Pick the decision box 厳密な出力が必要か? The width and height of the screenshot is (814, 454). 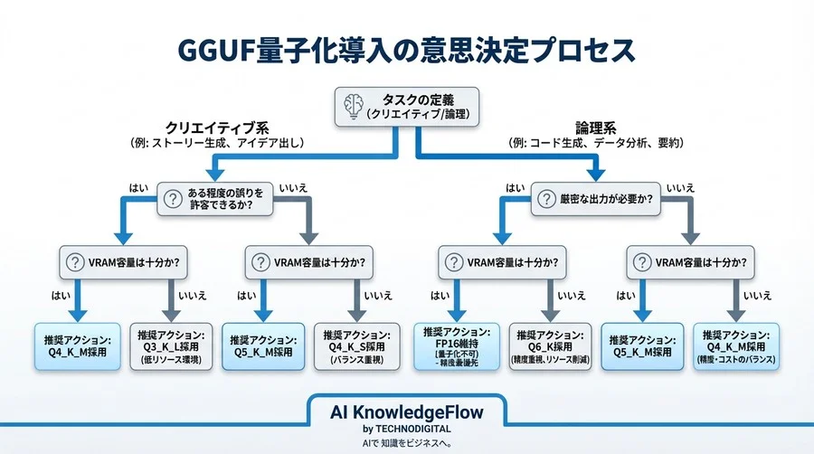598,198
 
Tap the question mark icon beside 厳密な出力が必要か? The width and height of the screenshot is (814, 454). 544,198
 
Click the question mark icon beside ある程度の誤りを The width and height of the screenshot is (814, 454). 173,198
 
